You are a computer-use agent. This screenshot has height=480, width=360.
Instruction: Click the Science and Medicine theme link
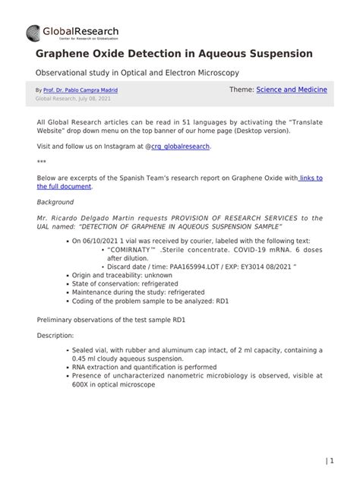coord(292,90)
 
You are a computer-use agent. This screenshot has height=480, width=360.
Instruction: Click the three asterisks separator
coord(41,163)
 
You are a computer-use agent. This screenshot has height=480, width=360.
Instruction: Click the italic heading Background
coord(55,203)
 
